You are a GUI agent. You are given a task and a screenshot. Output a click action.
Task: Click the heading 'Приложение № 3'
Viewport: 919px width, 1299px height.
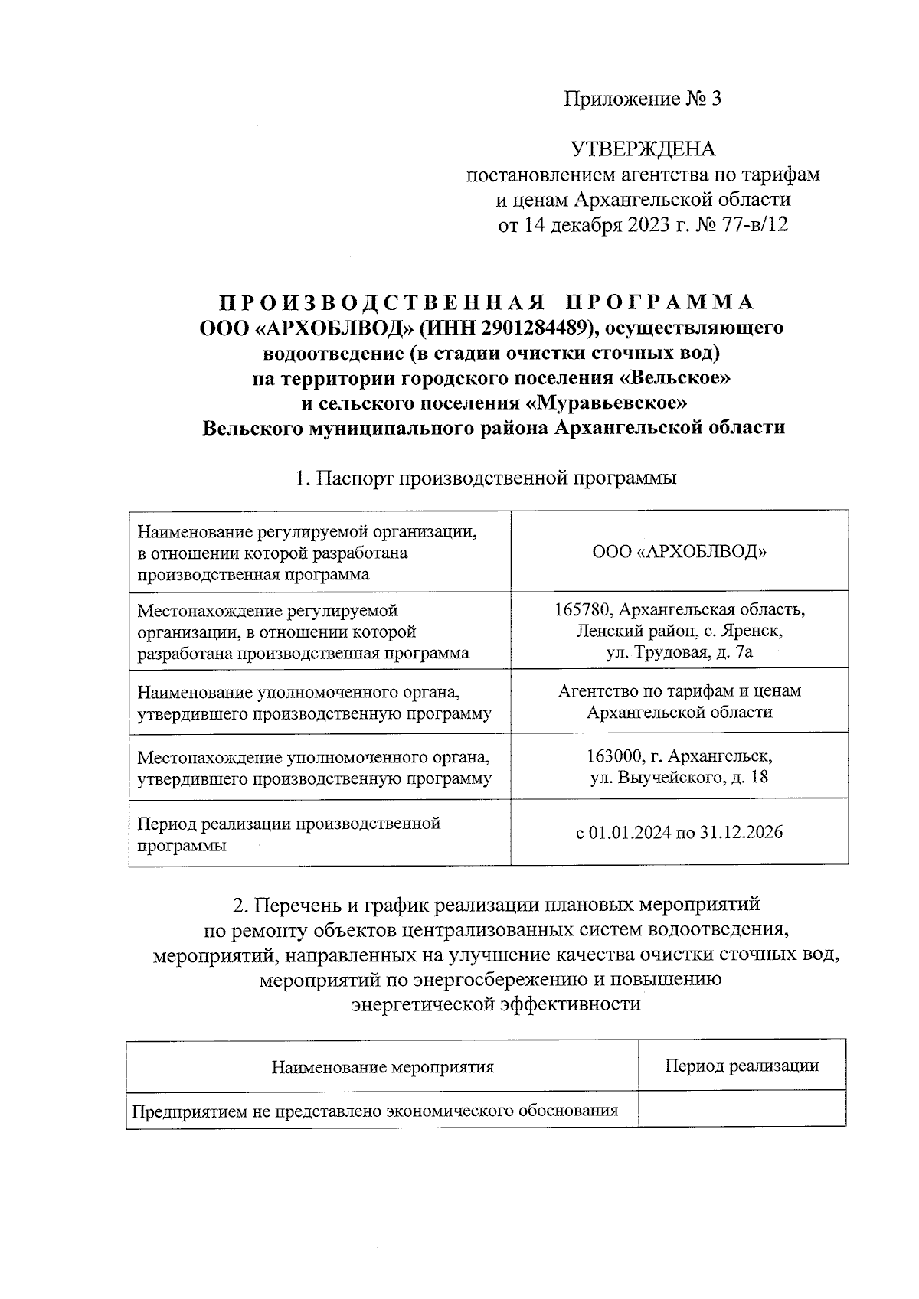(643, 99)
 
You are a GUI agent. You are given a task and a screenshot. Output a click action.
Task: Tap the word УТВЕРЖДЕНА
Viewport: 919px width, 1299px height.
(643, 149)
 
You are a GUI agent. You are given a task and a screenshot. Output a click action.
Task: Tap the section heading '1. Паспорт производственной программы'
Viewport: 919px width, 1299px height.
(486, 478)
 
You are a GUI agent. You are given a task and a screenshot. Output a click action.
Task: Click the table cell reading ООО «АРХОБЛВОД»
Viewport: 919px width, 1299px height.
(679, 551)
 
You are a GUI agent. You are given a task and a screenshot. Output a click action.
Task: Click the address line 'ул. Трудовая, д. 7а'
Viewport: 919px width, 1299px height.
(679, 652)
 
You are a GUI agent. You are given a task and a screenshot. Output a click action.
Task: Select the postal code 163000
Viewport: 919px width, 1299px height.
(613, 756)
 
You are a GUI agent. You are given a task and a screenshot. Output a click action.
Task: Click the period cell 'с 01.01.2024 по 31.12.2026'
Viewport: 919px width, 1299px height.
(679, 833)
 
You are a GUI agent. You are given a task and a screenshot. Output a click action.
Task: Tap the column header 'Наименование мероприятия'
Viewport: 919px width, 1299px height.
(382, 1066)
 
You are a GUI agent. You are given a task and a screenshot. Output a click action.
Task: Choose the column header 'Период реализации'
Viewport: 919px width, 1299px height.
(741, 1066)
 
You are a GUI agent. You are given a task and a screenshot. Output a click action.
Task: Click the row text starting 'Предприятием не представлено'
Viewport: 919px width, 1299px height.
(374, 1111)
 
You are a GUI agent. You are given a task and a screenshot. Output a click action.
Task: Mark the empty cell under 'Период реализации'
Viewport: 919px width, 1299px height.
(741, 1109)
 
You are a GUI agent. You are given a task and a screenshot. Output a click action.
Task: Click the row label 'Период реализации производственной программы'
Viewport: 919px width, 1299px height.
(289, 834)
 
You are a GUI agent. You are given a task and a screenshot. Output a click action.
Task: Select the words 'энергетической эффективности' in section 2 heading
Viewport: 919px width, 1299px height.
(495, 1004)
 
